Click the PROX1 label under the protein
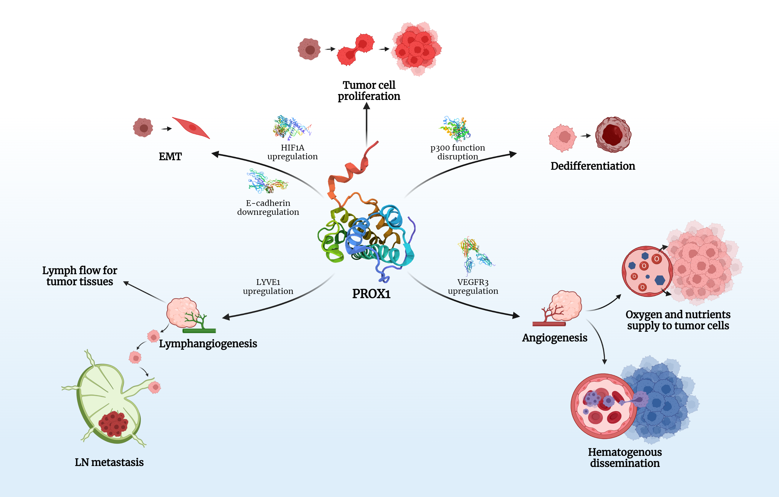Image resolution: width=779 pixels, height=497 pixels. coord(371,294)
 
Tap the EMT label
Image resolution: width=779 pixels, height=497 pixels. coord(170,156)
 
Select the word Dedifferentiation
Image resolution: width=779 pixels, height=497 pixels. coord(593,166)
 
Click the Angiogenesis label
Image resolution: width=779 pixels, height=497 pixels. coord(555,337)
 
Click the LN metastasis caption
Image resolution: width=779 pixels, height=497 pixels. coord(109,462)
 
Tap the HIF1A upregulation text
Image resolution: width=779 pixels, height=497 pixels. coord(292,152)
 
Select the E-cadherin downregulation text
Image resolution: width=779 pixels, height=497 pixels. coord(268,207)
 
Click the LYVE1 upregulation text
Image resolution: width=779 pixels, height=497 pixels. coord(268,287)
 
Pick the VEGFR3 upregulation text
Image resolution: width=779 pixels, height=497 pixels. coord(473,287)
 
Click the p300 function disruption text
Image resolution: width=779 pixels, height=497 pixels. coord(458,152)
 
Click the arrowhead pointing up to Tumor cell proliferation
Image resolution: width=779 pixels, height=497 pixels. coord(366,106)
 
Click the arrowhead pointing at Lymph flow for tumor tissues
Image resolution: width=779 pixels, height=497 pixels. coord(126,283)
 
